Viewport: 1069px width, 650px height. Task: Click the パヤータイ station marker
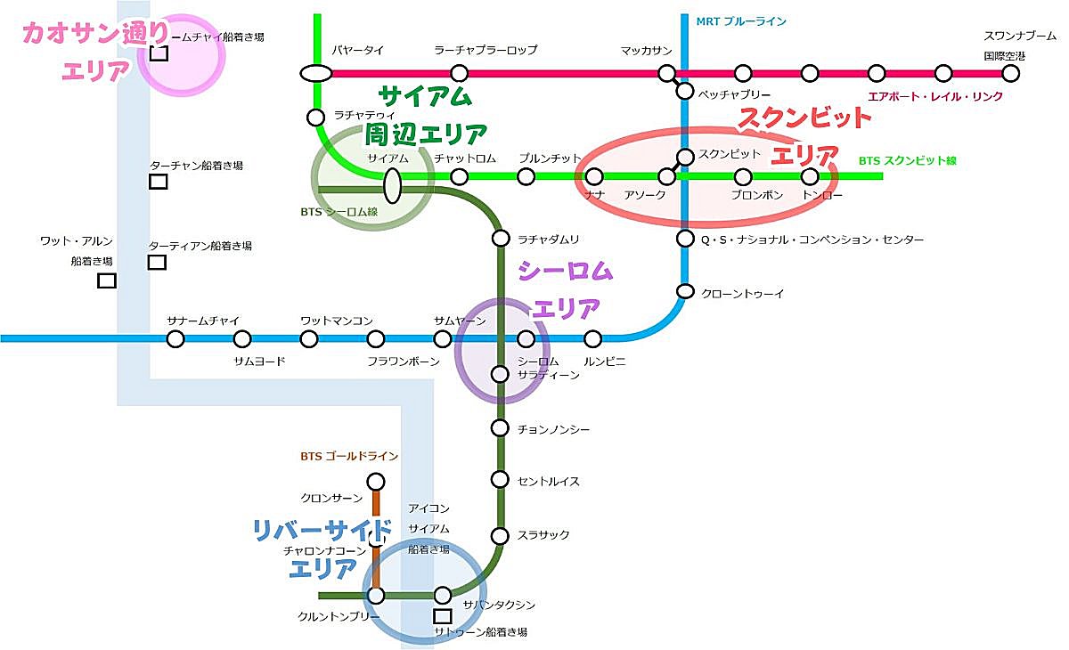pyautogui.click(x=315, y=73)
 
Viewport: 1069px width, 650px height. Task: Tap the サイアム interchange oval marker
pyautogui.click(x=392, y=185)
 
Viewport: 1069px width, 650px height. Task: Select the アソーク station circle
pyautogui.click(x=667, y=176)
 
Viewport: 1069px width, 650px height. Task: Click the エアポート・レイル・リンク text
pyautogui.click(x=935, y=96)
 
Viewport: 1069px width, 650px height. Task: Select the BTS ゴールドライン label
pyautogui.click(x=349, y=457)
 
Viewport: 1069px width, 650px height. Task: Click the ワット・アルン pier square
pyautogui.click(x=107, y=280)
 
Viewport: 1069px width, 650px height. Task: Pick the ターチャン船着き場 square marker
pyautogui.click(x=158, y=182)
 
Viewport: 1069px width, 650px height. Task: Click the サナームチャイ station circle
pyautogui.click(x=175, y=338)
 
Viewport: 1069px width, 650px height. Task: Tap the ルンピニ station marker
pyautogui.click(x=593, y=338)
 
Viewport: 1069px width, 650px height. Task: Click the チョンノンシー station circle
pyautogui.click(x=500, y=428)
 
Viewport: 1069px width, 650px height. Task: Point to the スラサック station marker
pyautogui.click(x=500, y=535)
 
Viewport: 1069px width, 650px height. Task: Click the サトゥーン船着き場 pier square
pyautogui.click(x=441, y=615)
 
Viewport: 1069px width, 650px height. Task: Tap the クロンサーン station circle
pyautogui.click(x=376, y=483)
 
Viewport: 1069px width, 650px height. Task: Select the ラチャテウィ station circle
pyautogui.click(x=315, y=117)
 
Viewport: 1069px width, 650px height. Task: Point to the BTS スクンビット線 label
pyautogui.click(x=907, y=161)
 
